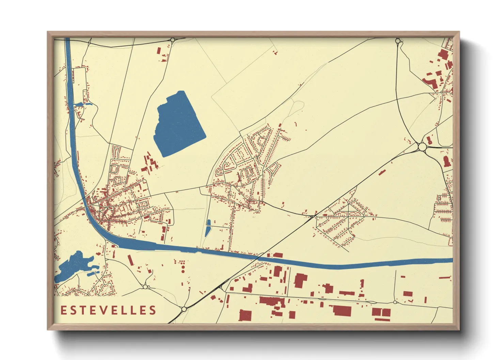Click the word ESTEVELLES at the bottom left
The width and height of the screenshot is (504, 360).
pyautogui.click(x=108, y=310)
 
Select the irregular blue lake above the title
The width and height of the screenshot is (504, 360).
pyautogui.click(x=73, y=265)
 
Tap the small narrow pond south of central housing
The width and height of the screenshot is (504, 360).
pyautogui.click(x=208, y=228)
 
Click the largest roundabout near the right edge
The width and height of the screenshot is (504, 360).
pyautogui.click(x=422, y=147)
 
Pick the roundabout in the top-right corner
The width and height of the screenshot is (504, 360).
pyautogui.click(x=398, y=41)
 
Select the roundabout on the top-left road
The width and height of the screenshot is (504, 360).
pyautogui.click(x=173, y=40)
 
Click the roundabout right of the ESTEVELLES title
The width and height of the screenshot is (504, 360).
pyautogui.click(x=184, y=309)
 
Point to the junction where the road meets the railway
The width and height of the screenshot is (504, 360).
pyautogui.click(x=312, y=216)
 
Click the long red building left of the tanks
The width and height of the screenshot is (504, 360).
pyautogui.click(x=130, y=259)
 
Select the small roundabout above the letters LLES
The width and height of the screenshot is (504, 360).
pyautogui.click(x=145, y=287)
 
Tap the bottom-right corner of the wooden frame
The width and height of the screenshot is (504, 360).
pyautogui.click(x=459, y=329)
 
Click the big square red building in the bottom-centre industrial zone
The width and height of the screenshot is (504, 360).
pyautogui.click(x=245, y=315)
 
